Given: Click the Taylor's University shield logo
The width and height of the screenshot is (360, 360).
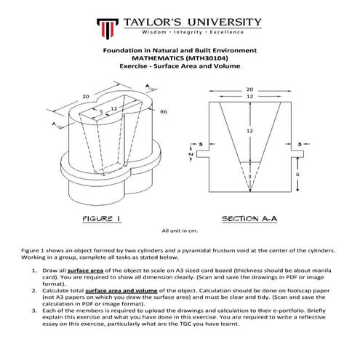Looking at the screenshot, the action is [x=108, y=28].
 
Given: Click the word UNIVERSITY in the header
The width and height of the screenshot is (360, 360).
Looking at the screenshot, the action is [x=225, y=23].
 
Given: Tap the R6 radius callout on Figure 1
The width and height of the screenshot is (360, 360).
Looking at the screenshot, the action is [x=164, y=112].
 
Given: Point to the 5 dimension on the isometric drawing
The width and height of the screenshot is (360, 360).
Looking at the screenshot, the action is [x=101, y=111].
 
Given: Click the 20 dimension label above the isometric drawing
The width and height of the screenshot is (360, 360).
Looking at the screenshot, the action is [x=86, y=97].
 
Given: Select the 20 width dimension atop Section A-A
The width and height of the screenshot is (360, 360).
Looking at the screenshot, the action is [x=249, y=89].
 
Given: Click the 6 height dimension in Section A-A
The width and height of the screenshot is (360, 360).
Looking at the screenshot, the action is [x=297, y=174].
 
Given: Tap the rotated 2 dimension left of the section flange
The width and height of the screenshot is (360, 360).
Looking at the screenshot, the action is [x=191, y=154].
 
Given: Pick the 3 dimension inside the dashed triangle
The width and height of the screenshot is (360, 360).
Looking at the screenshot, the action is [x=249, y=177].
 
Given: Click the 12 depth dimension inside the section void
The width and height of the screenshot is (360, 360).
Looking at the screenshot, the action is [x=249, y=131].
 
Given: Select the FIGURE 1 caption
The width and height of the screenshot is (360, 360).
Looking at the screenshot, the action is [x=102, y=219].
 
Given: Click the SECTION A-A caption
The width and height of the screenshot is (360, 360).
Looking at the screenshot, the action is [x=249, y=219].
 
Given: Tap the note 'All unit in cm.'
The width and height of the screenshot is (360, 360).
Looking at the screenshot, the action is [x=180, y=231].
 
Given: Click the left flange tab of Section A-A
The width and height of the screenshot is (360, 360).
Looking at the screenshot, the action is [x=203, y=154].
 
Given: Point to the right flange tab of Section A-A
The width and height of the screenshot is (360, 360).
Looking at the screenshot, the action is [x=297, y=154].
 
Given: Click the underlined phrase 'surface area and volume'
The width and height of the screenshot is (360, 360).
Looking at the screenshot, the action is [x=121, y=291].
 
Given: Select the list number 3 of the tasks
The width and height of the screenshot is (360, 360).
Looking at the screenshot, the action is [x=34, y=311].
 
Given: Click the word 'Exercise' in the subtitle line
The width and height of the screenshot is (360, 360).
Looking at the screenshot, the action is [x=133, y=66].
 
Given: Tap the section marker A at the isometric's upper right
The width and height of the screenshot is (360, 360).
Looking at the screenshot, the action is [x=148, y=86].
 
